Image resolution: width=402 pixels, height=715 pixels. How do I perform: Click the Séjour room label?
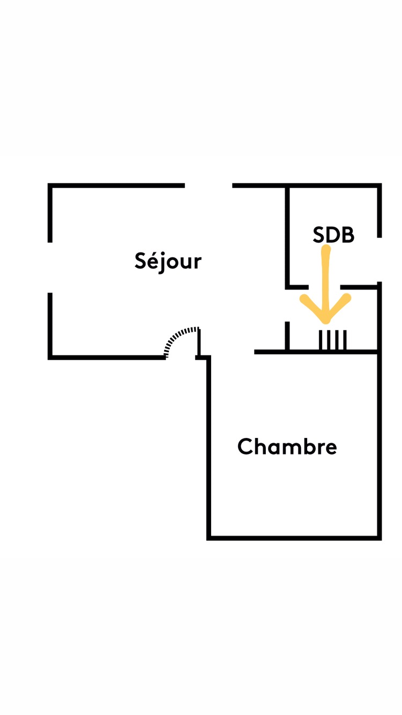click(168, 261)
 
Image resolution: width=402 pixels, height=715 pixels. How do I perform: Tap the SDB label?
click(333, 235)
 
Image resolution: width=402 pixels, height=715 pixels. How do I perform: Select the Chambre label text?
click(287, 446)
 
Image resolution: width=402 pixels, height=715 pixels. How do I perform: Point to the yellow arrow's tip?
click(325, 322)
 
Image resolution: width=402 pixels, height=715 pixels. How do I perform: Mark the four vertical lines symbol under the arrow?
click(333, 340)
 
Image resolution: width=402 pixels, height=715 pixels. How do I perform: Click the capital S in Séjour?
click(141, 260)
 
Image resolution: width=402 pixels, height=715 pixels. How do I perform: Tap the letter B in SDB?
click(347, 235)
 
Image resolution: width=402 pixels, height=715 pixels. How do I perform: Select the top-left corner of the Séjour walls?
click(50, 186)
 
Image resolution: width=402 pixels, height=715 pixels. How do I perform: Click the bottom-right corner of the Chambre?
click(379, 537)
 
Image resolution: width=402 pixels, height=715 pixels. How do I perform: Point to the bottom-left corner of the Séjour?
click(50, 356)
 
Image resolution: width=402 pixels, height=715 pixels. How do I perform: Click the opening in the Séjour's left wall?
click(50, 267)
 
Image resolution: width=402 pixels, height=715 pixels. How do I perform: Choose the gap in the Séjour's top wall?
click(209, 186)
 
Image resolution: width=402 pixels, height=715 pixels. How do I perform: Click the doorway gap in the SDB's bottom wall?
click(324, 287)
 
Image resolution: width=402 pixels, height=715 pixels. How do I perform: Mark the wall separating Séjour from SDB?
click(287, 236)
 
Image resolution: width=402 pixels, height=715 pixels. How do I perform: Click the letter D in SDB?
click(333, 235)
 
